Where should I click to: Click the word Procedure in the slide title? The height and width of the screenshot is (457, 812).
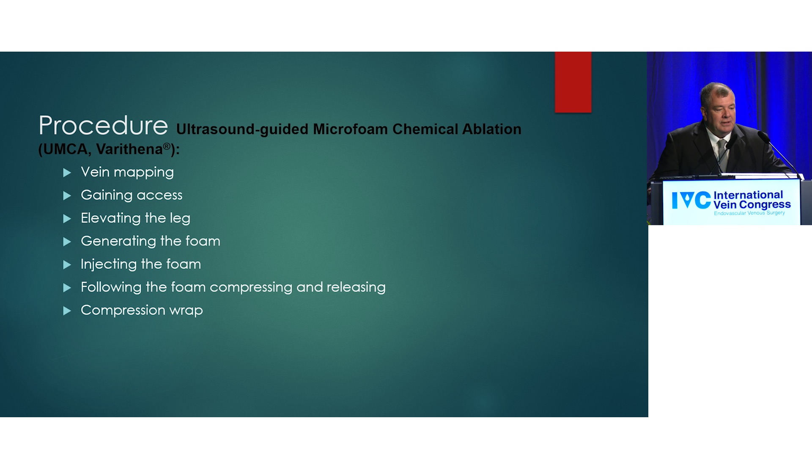coord(103,125)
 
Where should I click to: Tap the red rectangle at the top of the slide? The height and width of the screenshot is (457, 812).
coord(573,82)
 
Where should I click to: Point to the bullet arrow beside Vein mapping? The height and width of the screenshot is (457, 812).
coord(67,173)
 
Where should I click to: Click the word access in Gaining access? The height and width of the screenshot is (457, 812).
coord(159,195)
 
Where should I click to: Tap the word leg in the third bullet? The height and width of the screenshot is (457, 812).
coord(180,218)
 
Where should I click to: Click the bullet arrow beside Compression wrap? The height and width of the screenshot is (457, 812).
coord(67,311)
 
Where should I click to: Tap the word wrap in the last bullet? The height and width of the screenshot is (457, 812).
coord(186,310)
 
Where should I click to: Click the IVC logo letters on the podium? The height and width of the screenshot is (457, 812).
coord(691,200)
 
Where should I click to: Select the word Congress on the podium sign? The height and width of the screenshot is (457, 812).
coord(765,205)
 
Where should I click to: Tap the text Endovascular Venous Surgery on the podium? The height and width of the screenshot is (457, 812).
coord(749,213)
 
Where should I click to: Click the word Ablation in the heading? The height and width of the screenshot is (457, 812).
coord(491,129)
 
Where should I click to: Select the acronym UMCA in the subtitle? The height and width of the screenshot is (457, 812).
coord(65,149)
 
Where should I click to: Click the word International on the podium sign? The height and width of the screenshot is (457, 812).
coord(748,195)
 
